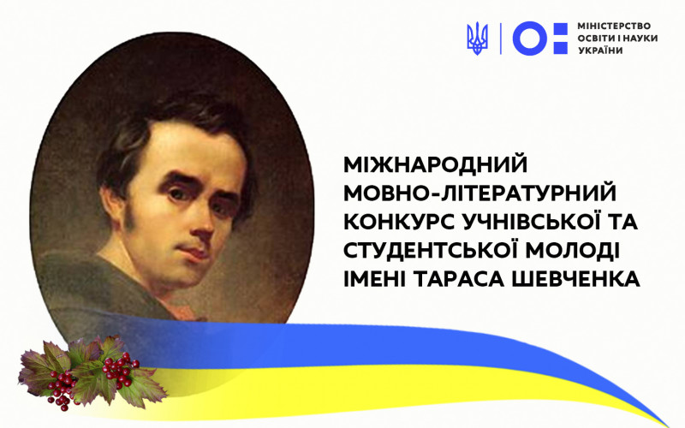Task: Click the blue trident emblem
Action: [477, 39]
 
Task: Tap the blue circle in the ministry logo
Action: [529, 38]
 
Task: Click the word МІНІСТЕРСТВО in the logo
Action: [614, 27]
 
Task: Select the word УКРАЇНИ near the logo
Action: [600, 51]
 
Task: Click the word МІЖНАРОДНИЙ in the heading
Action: [436, 164]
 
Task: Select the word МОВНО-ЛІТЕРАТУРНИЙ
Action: [479, 193]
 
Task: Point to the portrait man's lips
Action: [194, 253]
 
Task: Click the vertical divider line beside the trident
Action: [501, 39]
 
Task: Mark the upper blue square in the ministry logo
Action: [561, 30]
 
